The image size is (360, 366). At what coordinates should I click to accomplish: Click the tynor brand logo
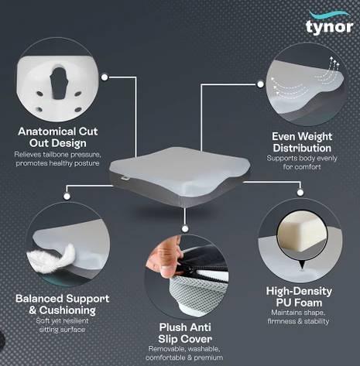[330, 22]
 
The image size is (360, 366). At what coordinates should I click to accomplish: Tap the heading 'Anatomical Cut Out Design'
[58, 137]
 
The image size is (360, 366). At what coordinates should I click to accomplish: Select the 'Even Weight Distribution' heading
[302, 142]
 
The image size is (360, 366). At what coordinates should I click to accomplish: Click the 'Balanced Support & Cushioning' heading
[62, 304]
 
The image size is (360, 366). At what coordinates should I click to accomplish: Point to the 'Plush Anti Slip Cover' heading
[185, 333]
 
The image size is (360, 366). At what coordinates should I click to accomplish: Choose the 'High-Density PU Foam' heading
[299, 296]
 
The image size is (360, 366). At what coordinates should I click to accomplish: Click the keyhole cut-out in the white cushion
[59, 83]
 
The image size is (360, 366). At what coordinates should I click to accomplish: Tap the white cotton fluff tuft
[52, 258]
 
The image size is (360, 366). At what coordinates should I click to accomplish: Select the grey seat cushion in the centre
[180, 176]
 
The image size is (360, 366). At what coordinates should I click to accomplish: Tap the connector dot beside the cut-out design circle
[105, 77]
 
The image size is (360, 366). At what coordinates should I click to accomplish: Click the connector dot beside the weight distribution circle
[260, 84]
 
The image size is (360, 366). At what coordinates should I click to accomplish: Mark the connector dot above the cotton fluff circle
[67, 197]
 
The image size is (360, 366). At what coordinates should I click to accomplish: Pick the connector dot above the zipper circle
[185, 229]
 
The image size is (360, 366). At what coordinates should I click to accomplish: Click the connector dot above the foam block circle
[300, 193]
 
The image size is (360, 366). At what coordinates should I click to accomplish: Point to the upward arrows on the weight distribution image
[334, 64]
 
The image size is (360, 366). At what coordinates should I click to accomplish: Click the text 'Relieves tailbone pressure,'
[57, 155]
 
